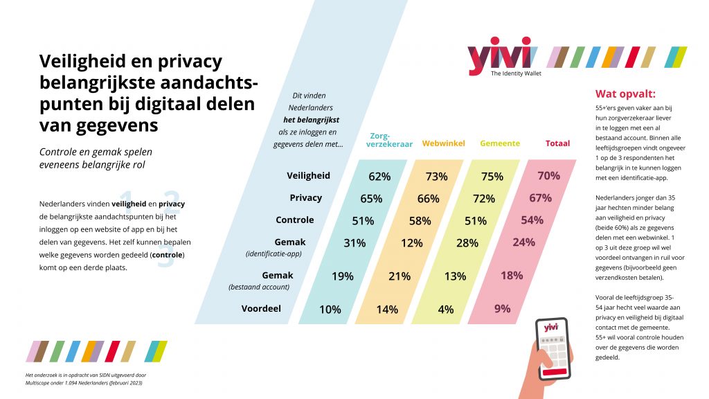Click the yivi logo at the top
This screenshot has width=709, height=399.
pyautogui.click(x=499, y=55)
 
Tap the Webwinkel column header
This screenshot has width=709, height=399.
pyautogui.click(x=443, y=143)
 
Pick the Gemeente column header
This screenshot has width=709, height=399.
pyautogui.click(x=500, y=143)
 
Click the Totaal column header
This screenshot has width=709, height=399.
pyautogui.click(x=557, y=143)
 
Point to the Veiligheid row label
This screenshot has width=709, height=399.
pyautogui.click(x=308, y=176)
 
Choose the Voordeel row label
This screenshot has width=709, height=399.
pyautogui.click(x=261, y=308)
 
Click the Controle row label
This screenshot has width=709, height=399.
pyautogui.click(x=295, y=220)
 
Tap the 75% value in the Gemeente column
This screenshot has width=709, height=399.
pyautogui.click(x=492, y=177)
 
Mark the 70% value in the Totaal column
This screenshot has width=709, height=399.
pyautogui.click(x=548, y=176)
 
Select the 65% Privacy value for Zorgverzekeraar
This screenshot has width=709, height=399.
pyautogui.click(x=371, y=199)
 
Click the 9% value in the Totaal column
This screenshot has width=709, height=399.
pyautogui.click(x=502, y=309)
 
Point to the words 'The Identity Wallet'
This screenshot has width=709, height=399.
pyautogui.click(x=516, y=73)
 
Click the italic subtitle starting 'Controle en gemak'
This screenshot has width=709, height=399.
pyautogui.click(x=95, y=157)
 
